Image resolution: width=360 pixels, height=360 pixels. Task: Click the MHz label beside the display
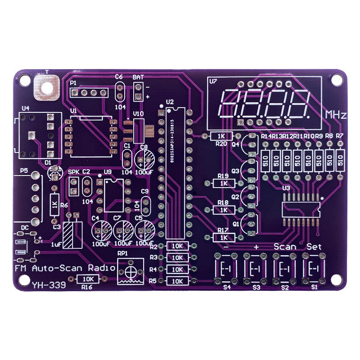click(336, 115)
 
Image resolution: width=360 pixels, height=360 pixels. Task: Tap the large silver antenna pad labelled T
click(46, 87)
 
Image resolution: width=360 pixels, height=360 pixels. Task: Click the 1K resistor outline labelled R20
click(221, 136)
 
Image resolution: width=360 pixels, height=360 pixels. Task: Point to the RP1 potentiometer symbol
click(130, 272)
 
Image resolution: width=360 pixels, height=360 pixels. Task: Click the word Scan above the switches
click(285, 247)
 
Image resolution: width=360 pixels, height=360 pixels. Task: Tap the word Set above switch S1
click(314, 247)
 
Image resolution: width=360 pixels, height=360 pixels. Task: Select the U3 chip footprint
click(300, 209)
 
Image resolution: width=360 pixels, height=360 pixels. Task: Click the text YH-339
click(49, 284)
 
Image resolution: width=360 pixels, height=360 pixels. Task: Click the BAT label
click(138, 77)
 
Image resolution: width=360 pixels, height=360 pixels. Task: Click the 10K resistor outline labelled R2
click(177, 246)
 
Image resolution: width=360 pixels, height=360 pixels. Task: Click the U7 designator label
click(213, 82)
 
